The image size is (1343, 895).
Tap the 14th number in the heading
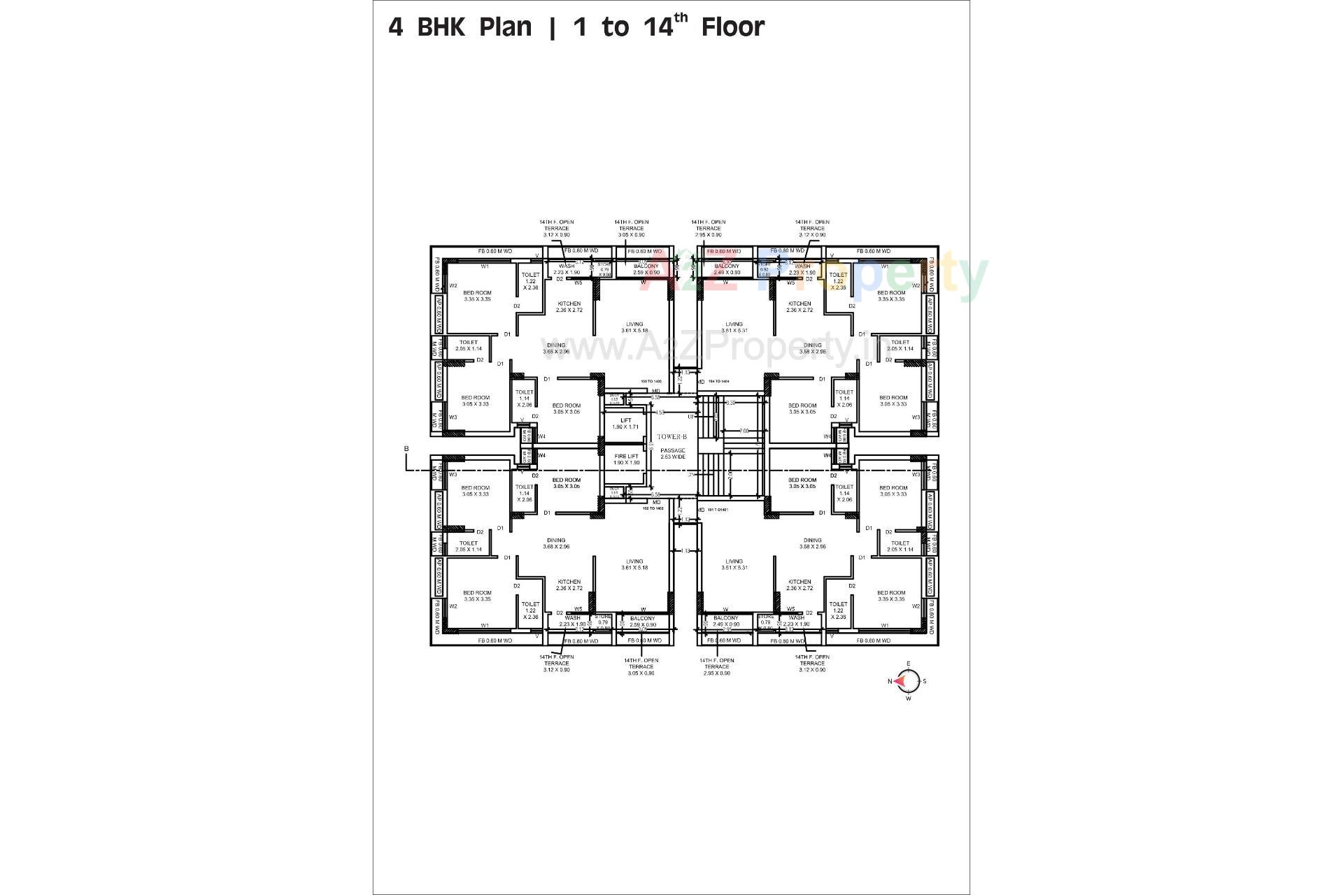665,27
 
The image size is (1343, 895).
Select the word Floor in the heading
732,27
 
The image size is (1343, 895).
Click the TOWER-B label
671,436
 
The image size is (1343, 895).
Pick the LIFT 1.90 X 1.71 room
625,424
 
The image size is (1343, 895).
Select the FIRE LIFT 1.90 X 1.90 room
626,459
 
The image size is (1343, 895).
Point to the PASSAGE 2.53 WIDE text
673,454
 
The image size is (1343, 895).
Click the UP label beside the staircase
691,417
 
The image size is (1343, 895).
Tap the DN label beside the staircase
691,475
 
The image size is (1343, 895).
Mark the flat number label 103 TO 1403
651,381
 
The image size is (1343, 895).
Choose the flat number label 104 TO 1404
718,381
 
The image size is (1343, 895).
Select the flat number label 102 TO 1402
653,508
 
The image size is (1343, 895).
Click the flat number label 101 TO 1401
718,509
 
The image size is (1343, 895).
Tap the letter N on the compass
890,681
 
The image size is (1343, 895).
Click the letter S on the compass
925,681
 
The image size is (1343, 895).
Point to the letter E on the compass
908,664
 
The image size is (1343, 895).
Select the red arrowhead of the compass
902,680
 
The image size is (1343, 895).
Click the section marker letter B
406,449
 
